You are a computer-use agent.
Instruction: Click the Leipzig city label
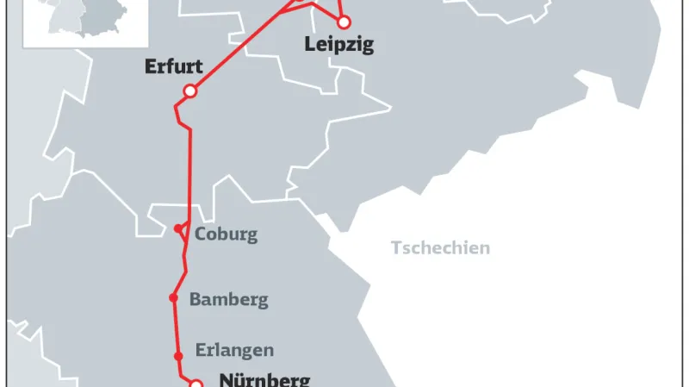(339, 45)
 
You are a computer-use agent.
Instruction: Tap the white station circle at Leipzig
(344, 22)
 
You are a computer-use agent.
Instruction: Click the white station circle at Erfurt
(190, 91)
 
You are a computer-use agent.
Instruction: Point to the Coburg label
(226, 234)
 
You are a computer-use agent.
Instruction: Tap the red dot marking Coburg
(177, 228)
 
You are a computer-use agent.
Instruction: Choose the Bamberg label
(228, 300)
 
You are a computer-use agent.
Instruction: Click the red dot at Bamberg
(173, 298)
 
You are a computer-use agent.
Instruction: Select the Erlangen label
(234, 350)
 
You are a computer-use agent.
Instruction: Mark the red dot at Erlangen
(178, 356)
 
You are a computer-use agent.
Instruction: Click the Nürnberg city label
(264, 378)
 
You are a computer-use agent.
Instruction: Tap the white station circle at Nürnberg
(196, 384)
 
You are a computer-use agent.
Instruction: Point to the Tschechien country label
(440, 248)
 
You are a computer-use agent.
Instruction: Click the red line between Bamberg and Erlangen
(176, 328)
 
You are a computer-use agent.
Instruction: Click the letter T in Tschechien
(396, 248)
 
